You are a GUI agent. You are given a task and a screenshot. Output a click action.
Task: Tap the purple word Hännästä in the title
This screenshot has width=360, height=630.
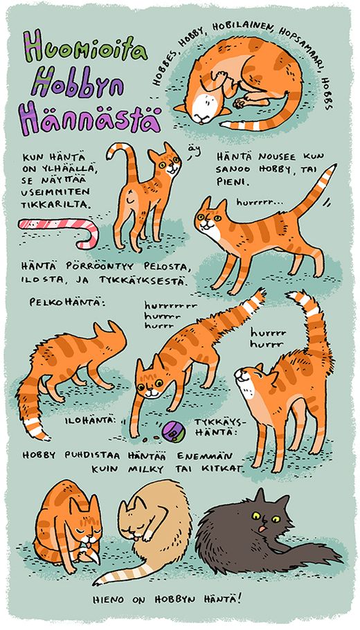[89, 118]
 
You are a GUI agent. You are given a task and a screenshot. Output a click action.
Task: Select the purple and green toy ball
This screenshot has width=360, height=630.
[173, 431]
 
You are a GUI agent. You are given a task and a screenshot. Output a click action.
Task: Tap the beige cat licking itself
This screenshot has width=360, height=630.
[149, 530]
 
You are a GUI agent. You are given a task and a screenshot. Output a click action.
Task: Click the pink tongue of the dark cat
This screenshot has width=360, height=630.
[262, 529]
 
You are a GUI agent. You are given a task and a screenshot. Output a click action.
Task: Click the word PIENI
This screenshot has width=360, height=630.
[229, 181]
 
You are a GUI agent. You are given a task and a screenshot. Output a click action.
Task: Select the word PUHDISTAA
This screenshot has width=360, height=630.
[93, 456]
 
